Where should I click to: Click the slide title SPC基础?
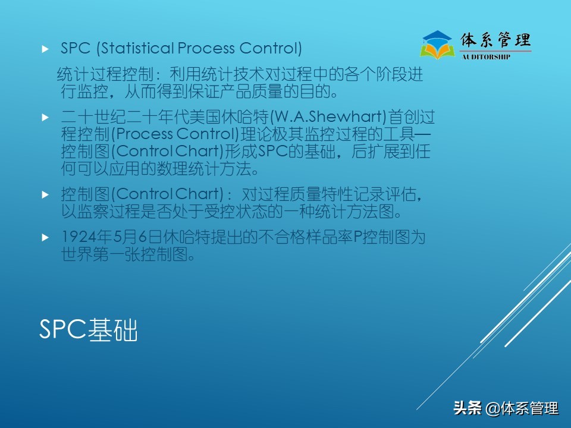[x=88, y=330]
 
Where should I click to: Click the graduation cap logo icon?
[x=437, y=44]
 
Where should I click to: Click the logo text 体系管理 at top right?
[x=495, y=40]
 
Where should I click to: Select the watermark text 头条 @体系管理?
[x=506, y=408]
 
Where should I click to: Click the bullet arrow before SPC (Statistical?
[x=45, y=49]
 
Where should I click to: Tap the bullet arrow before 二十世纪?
[x=45, y=117]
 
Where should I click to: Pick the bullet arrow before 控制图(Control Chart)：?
[x=45, y=194]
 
